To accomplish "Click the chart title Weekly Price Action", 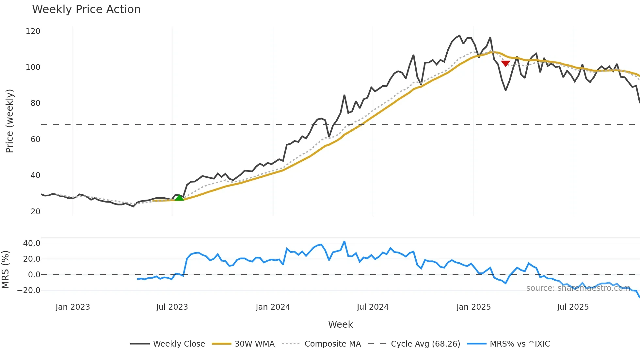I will (86, 9).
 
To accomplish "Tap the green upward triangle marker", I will (179, 198).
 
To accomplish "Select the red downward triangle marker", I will (505, 63).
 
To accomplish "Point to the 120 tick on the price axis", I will (33, 31).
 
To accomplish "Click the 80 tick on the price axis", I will (35, 103).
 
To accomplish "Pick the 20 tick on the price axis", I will (35, 212).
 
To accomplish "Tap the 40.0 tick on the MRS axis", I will (32, 243).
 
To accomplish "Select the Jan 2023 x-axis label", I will (72, 307).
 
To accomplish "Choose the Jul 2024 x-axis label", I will (373, 307).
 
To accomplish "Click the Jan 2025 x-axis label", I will (473, 307).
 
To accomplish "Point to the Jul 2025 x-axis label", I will (573, 307).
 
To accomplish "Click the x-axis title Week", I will (340, 324).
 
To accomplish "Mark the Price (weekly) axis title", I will (9, 121).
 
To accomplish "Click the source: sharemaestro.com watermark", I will (578, 288).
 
